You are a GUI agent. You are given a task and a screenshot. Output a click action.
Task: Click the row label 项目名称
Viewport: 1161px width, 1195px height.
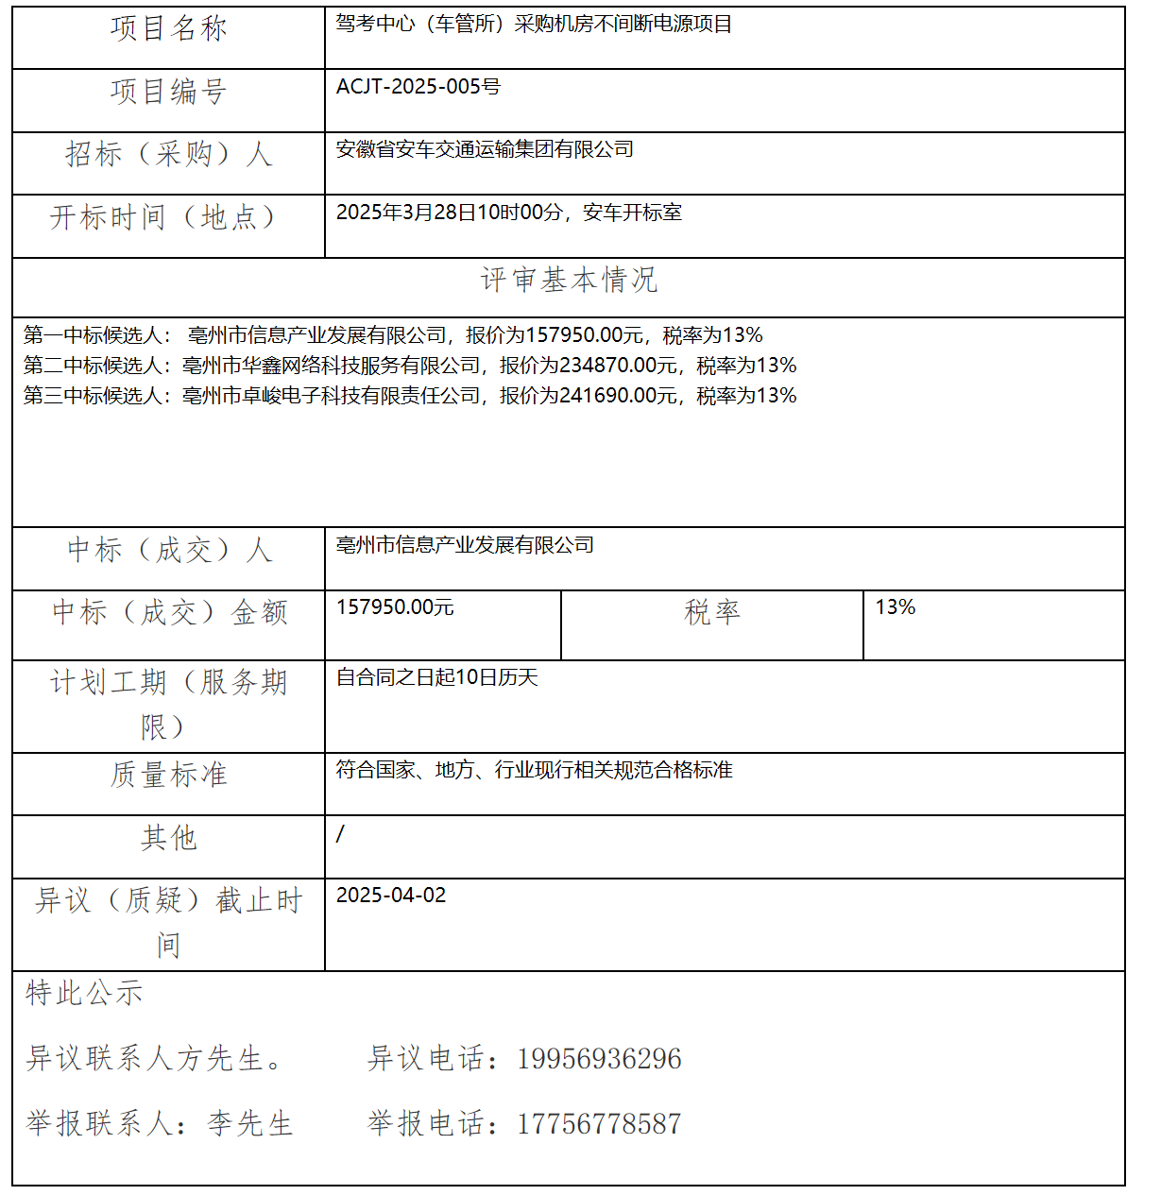pos(168,29)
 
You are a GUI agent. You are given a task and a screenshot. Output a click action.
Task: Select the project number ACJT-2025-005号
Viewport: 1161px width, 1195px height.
pos(418,87)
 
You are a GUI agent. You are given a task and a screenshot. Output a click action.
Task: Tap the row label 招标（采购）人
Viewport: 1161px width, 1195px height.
pos(168,154)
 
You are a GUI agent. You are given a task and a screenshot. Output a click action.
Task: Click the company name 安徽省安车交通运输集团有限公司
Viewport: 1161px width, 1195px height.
pos(485,149)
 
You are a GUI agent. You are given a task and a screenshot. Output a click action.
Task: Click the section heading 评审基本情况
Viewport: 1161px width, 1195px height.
pos(569,280)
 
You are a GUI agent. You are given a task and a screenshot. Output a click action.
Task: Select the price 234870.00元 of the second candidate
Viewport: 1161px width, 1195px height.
pos(619,366)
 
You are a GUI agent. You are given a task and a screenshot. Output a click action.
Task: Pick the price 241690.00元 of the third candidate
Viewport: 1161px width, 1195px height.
pos(619,396)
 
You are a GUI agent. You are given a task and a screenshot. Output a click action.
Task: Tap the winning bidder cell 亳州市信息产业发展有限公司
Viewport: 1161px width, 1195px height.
pos(465,545)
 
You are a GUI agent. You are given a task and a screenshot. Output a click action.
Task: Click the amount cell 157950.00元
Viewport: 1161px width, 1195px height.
pos(395,607)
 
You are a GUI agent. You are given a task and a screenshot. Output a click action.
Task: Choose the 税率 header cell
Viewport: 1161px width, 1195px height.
pos(711,612)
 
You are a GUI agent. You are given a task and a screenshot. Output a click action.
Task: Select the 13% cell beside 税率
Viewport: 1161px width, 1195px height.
pos(895,607)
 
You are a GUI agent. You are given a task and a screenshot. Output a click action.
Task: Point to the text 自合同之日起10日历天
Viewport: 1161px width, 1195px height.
pos(436,677)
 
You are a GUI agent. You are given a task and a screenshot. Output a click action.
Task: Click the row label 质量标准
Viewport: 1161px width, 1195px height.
pos(168,776)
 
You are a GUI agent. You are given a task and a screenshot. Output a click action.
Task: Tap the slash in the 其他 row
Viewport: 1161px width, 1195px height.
pos(340,833)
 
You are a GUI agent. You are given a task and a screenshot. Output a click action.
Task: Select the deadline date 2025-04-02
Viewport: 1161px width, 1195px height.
pos(390,896)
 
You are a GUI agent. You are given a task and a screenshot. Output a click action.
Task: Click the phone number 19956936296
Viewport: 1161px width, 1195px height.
pos(599,1059)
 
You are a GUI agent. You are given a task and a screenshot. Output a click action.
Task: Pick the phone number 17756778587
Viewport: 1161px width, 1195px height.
pos(599,1124)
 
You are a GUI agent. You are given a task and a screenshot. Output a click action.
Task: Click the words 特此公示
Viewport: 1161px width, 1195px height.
pos(84,994)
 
